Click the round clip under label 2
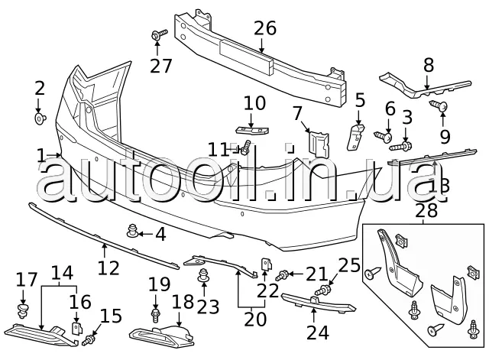click(40, 118)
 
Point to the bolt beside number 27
click(160, 34)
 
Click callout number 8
click(428, 65)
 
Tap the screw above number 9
click(440, 104)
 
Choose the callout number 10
click(254, 102)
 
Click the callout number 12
click(108, 268)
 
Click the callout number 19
click(159, 284)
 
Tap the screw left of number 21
click(283, 274)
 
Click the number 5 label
click(360, 99)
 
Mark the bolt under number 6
click(383, 135)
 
